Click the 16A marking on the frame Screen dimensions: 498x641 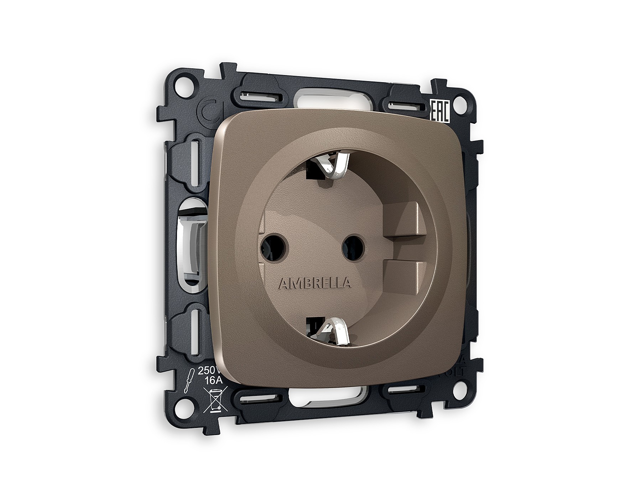[x=214, y=380]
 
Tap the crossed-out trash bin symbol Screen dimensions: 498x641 [x=215, y=400]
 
